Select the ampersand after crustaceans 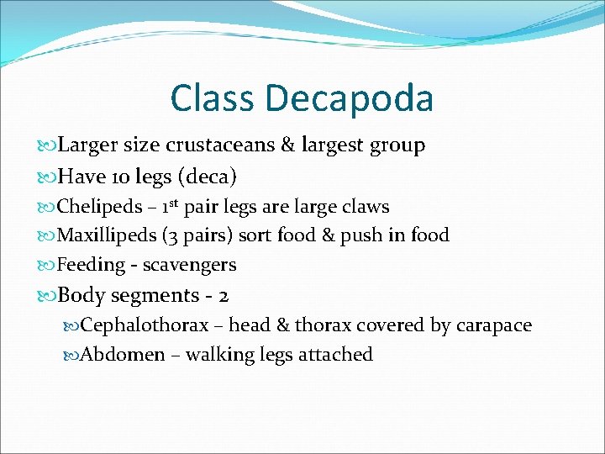(288, 145)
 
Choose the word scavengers (189, 265)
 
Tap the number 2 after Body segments (224, 296)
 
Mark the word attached (335, 355)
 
